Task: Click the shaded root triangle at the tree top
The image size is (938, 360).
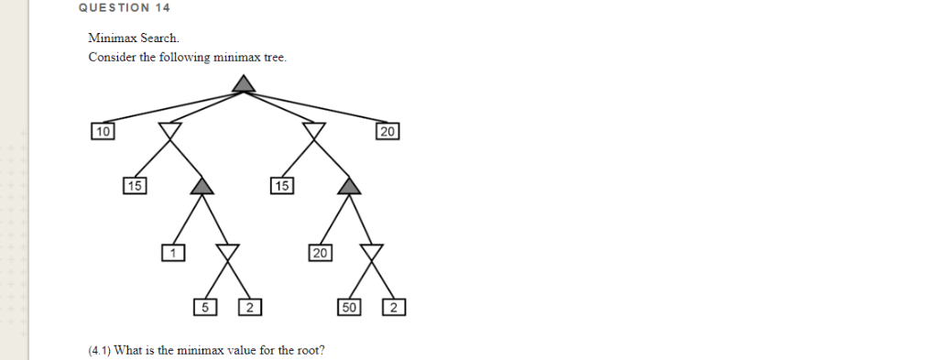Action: point(243,84)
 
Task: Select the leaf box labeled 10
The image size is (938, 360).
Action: point(102,132)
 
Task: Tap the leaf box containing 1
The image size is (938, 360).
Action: point(173,252)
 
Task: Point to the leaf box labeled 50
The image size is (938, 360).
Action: point(349,307)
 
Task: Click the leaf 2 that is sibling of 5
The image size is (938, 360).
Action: point(250,307)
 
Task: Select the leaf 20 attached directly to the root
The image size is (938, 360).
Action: point(387,132)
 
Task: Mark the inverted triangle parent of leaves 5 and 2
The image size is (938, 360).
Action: point(226,251)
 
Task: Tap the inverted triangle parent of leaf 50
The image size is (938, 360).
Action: point(371,251)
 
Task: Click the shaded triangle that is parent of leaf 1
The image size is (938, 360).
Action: point(202,187)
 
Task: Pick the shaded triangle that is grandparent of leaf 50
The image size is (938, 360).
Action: point(348,187)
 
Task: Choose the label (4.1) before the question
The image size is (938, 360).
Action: point(100,350)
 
